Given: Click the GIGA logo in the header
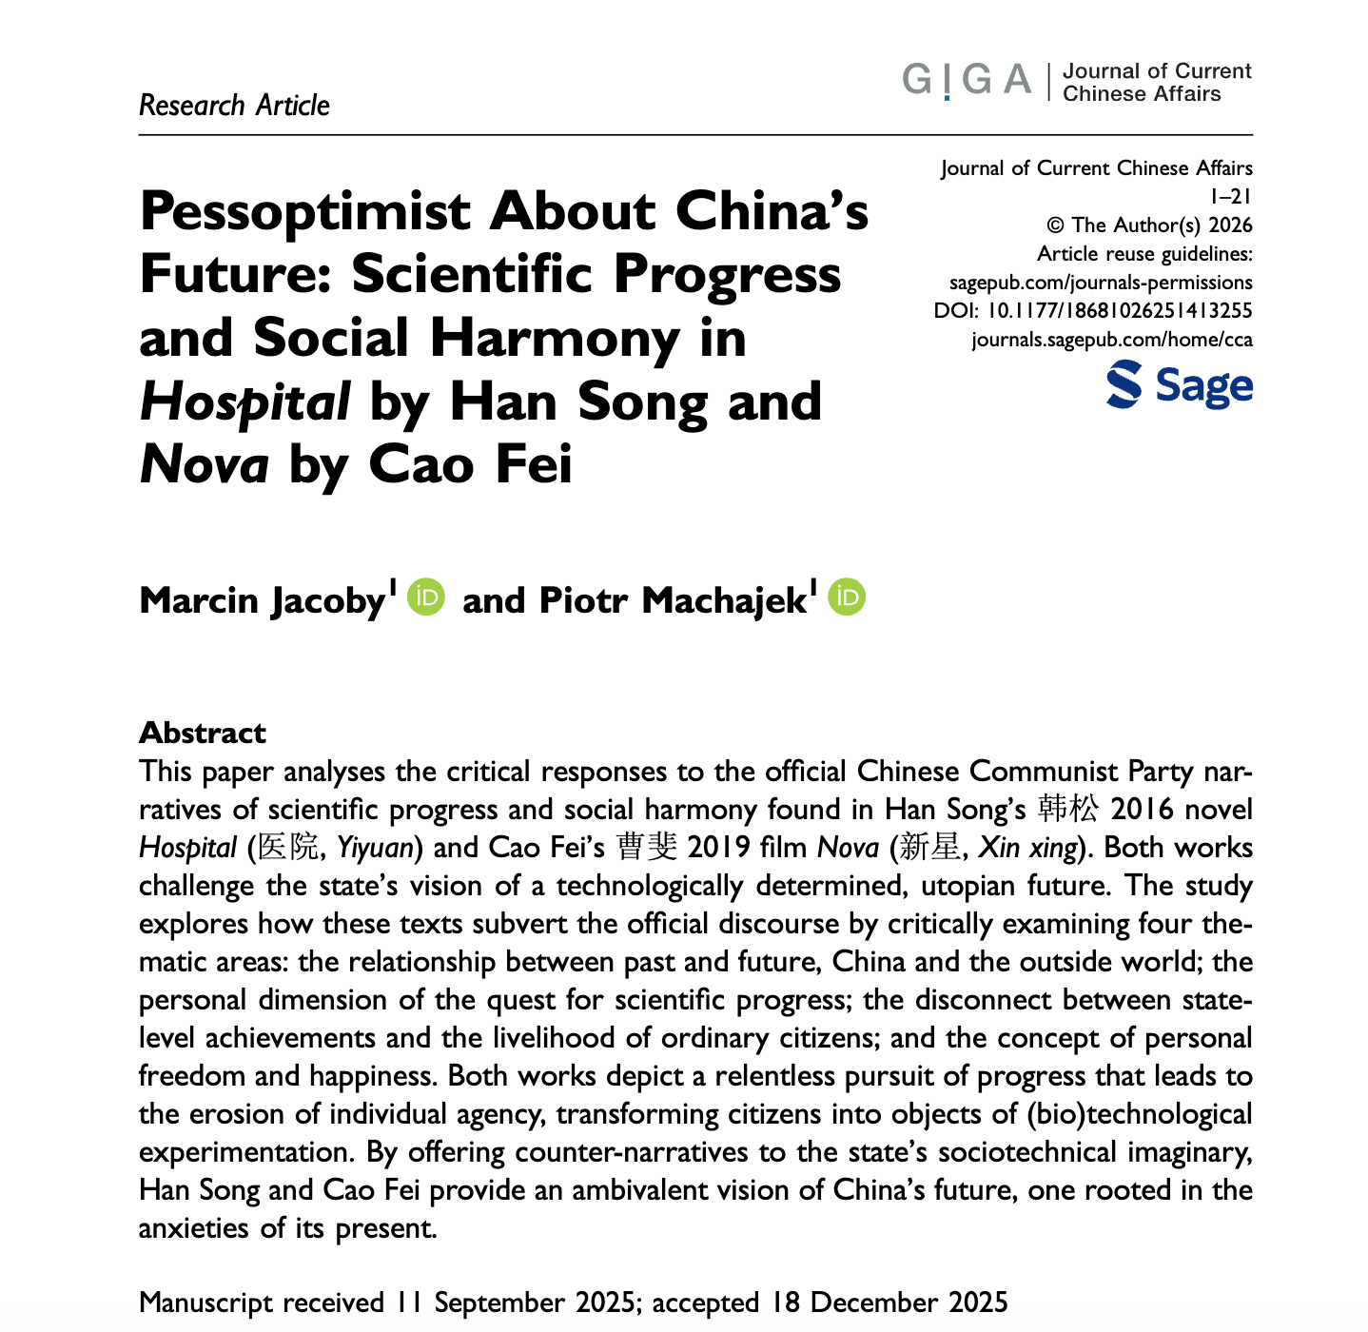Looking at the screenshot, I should click(966, 81).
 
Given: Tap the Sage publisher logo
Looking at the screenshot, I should click(1179, 385).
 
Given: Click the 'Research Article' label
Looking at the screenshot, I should click(234, 105).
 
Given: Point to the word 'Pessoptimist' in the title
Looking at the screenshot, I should click(305, 211).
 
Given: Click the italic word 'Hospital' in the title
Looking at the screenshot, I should click(244, 402).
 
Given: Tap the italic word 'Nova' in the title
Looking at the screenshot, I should click(204, 465).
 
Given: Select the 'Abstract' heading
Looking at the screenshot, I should click(203, 733).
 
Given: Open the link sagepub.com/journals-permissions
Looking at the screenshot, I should click(1101, 283).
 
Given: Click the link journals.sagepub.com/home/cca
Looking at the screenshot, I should click(1111, 340).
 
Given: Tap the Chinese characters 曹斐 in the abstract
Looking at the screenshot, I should click(647, 848).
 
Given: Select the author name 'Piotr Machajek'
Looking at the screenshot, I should click(673, 600).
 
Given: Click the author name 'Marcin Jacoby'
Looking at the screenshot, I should click(262, 600).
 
